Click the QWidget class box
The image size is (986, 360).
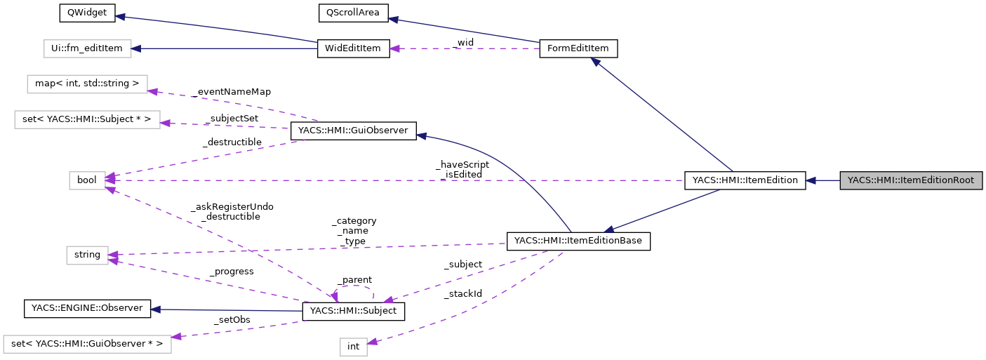coord(78,13)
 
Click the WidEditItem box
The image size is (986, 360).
coord(353,48)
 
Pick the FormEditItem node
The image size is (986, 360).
coord(578,48)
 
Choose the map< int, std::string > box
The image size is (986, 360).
coord(87,84)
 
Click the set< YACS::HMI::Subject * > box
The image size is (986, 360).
coord(87,119)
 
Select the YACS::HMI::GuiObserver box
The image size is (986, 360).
coord(353,131)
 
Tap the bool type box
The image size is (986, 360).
coord(87,180)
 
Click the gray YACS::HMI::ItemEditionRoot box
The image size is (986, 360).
coord(912,180)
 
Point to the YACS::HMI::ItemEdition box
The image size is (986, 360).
coord(745,180)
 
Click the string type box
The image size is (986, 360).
coord(87,255)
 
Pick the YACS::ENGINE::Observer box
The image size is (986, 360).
coord(87,308)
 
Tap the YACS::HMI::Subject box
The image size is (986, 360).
coord(353,311)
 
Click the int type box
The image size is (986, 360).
coord(353,347)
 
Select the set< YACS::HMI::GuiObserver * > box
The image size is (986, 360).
coord(87,344)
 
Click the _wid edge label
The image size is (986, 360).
coord(463,43)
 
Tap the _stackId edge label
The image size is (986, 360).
coord(462,293)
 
